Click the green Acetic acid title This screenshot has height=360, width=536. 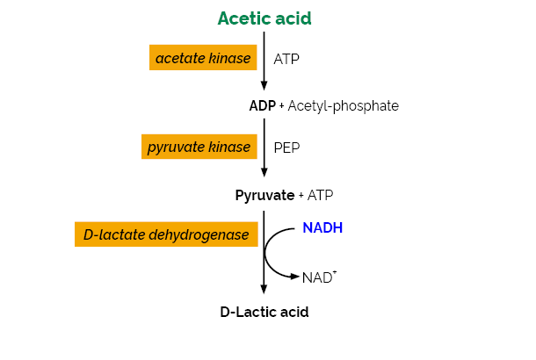pos(264,18)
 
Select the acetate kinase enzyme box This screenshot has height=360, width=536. pos(203,58)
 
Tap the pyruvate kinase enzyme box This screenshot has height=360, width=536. pos(199,147)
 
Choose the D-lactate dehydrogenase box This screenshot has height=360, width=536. pos(166,234)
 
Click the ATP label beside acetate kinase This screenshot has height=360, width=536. pos(287,59)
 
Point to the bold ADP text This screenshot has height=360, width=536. pos(262,106)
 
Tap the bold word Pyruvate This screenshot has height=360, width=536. pos(264,195)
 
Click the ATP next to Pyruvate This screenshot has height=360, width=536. pos(320,195)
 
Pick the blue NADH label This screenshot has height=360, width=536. pos(322,228)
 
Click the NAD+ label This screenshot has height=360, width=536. pos(318,277)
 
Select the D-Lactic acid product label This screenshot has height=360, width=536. pos(264,312)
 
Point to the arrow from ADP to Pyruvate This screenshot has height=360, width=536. pos(264,149)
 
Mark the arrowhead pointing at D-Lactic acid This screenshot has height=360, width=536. pos(264,292)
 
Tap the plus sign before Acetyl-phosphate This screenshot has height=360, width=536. pos(282,106)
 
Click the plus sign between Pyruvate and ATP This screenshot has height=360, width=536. pos(301,195)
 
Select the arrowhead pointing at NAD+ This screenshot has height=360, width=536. pos(295,277)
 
